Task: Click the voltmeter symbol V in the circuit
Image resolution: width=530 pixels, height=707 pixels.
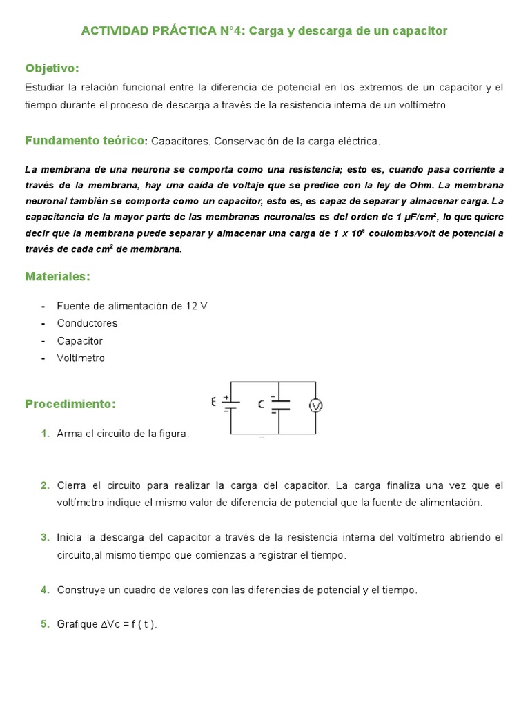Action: [315, 406]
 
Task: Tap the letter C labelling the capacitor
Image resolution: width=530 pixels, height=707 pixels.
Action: [261, 405]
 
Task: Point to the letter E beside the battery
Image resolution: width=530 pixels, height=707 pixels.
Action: [214, 401]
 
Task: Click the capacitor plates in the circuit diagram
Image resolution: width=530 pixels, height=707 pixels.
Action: [279, 405]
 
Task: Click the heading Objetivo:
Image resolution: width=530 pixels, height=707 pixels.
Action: [52, 68]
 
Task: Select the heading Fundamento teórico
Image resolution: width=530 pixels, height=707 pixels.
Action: [85, 140]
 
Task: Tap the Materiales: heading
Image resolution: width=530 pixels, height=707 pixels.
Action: [58, 276]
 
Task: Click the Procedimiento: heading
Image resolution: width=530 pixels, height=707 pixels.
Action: [70, 403]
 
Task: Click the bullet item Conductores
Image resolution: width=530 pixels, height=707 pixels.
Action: [87, 323]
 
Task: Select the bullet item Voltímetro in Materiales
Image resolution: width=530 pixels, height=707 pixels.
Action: [81, 358]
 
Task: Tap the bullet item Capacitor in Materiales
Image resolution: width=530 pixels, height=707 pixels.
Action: [79, 340]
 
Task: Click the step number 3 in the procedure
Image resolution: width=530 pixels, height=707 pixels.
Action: [45, 537]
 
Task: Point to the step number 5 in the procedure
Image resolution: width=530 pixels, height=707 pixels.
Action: [45, 624]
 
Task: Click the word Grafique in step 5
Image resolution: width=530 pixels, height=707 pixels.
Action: [77, 625]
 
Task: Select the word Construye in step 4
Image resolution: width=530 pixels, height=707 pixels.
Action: [81, 590]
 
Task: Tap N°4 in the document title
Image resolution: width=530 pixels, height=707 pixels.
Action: [229, 30]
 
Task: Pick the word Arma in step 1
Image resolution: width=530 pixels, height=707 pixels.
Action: [69, 434]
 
